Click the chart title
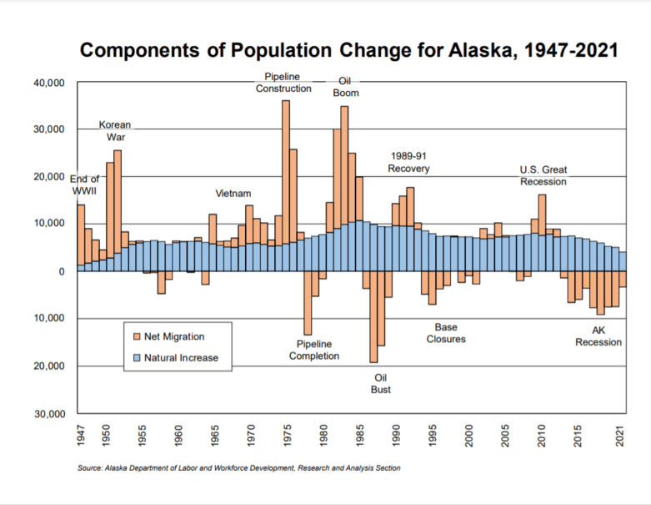(x=348, y=51)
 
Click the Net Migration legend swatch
(x=136, y=336)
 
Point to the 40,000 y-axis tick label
(x=48, y=83)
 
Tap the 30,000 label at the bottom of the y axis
(x=48, y=414)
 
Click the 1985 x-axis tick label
(x=360, y=436)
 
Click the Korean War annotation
(x=114, y=131)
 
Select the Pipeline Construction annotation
(x=283, y=83)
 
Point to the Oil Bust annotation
(x=381, y=383)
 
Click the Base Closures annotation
(x=446, y=333)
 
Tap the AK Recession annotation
(x=598, y=336)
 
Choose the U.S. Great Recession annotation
(x=543, y=175)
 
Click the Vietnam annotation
(x=233, y=194)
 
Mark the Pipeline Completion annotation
(x=314, y=350)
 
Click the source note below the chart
(x=238, y=468)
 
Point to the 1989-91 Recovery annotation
(x=408, y=162)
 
